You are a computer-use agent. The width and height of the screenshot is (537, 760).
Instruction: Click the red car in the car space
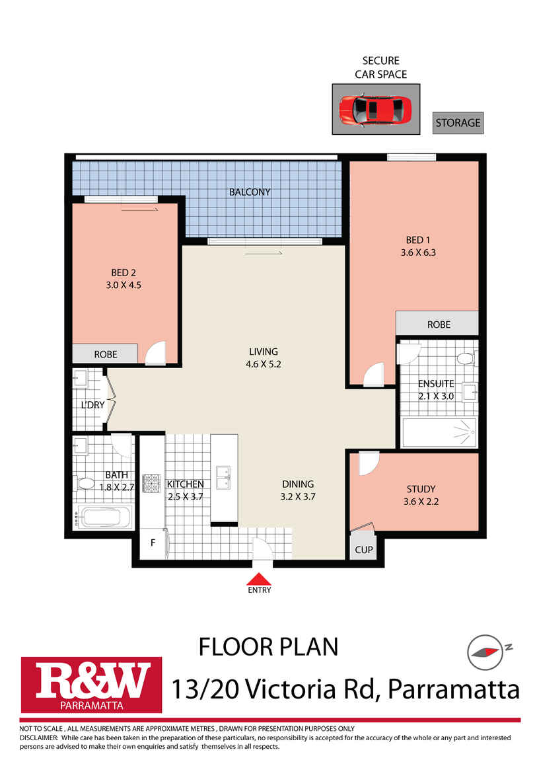(375, 108)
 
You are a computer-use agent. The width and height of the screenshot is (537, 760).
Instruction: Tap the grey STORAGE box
(458, 123)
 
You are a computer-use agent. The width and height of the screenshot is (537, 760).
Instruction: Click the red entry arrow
(259, 580)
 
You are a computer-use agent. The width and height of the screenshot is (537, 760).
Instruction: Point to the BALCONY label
(250, 192)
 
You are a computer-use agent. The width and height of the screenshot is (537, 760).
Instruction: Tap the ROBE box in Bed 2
(105, 354)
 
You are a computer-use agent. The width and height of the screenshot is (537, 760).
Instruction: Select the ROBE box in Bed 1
(438, 324)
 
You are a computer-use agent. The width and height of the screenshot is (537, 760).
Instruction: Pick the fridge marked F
(153, 543)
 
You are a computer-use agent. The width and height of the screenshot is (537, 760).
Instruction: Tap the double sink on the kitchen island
(223, 476)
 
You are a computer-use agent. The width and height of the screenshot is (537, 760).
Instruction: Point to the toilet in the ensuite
(466, 360)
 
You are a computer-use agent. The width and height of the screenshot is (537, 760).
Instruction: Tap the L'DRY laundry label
(93, 405)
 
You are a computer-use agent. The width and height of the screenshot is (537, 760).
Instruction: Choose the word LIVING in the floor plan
(263, 352)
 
